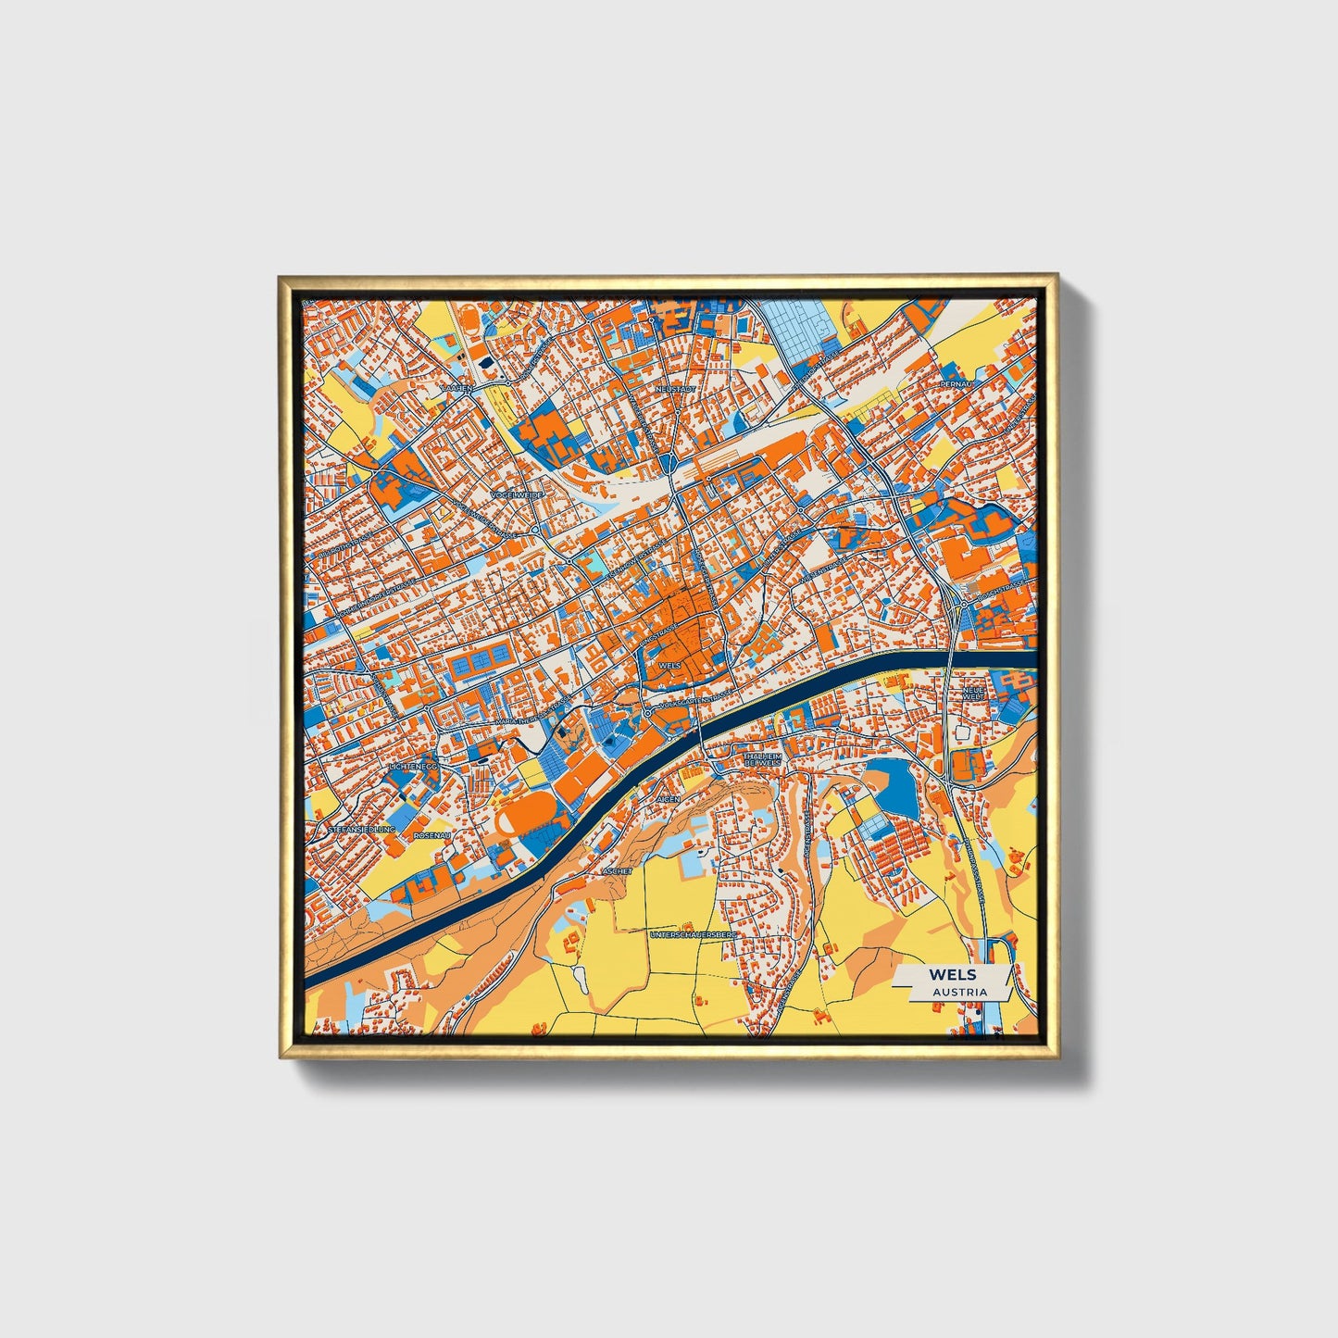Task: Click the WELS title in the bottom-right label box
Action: point(953,974)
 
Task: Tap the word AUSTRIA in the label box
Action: point(959,992)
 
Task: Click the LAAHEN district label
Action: point(456,388)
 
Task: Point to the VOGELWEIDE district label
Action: point(523,494)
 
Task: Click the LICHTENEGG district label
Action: point(412,767)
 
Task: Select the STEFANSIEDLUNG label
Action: point(361,830)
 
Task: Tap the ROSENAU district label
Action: point(431,835)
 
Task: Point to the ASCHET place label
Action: point(617,871)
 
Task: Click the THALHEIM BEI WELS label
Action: point(762,759)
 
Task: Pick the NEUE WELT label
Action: point(973,694)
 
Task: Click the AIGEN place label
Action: point(668,798)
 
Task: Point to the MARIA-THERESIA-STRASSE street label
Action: point(532,719)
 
